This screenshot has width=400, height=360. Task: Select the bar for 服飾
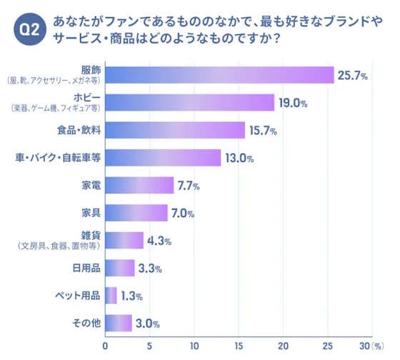point(219,75)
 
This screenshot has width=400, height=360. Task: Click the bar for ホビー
point(190,102)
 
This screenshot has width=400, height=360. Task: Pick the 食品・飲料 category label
point(79,130)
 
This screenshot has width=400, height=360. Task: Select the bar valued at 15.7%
point(175,130)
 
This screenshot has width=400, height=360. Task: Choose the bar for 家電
point(139,186)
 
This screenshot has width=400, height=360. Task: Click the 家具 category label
point(90,213)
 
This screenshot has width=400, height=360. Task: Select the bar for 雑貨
point(124,241)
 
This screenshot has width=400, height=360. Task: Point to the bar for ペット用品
point(111,295)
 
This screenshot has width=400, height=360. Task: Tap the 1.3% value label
point(134,296)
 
